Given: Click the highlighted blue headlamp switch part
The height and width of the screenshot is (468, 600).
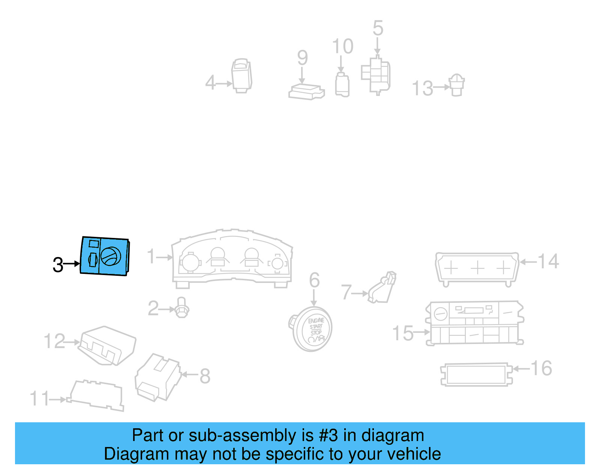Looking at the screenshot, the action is pos(105,256).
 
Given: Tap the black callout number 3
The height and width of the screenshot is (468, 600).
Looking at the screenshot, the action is pos(58,265).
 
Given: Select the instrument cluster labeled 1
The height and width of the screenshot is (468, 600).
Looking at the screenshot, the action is pos(232,259).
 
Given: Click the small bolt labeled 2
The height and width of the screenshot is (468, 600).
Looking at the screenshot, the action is pos(182,308).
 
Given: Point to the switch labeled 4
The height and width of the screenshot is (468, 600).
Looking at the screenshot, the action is pos(241,75).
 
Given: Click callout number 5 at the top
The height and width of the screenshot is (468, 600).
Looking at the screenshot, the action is pos(378,28).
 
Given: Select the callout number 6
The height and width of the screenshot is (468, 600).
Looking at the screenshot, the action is pos(314,280).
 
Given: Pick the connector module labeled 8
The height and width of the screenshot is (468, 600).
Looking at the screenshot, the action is pos(158,377).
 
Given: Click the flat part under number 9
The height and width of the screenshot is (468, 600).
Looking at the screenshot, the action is pos(306,92).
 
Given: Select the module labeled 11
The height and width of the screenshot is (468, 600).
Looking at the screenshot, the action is pos(96,396).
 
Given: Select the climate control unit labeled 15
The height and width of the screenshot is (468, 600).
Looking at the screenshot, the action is pos(474,323).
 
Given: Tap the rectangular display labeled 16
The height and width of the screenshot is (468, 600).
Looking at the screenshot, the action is pos(475,374).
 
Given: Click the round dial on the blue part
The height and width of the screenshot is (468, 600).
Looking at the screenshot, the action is pos(111,257).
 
